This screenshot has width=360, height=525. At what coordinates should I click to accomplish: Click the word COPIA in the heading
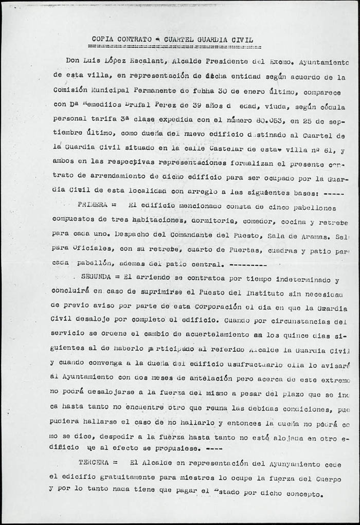(x=104, y=39)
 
